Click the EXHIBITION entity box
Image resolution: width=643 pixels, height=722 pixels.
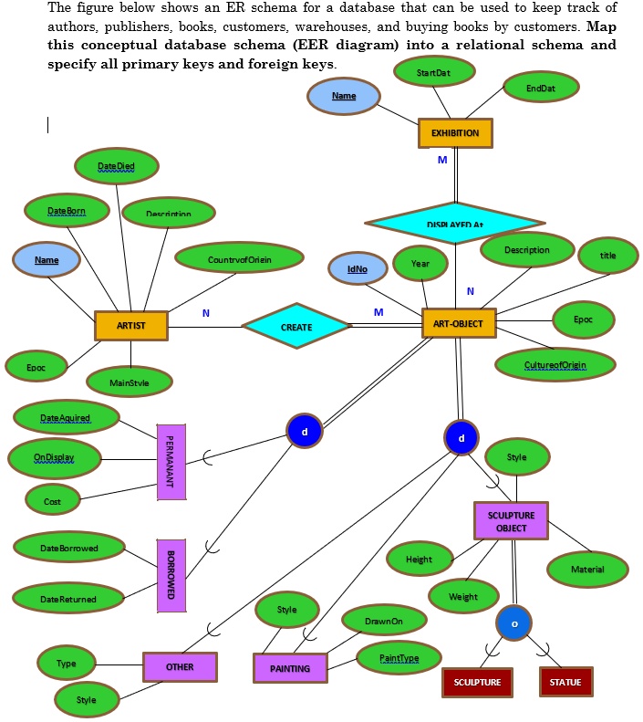click(x=454, y=133)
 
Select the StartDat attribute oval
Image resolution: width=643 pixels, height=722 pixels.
click(x=433, y=72)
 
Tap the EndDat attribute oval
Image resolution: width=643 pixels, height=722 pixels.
click(x=541, y=89)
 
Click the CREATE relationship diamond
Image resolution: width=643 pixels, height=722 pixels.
click(x=296, y=327)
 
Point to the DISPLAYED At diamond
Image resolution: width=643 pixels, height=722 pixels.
click(x=454, y=224)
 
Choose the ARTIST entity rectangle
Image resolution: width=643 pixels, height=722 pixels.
click(x=130, y=326)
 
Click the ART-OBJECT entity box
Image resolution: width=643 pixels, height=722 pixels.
click(x=459, y=323)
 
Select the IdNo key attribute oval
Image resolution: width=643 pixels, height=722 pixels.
click(x=357, y=268)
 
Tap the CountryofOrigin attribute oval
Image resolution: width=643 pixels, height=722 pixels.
click(x=239, y=259)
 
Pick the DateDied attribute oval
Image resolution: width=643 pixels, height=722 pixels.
click(x=118, y=166)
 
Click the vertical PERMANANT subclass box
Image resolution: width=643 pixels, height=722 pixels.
click(x=171, y=461)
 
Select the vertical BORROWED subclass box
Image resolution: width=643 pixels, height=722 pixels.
click(x=171, y=575)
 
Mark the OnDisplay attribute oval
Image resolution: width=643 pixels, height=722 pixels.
click(x=55, y=457)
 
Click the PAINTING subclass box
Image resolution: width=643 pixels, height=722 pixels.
click(x=290, y=668)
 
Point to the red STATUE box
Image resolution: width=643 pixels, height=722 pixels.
click(x=566, y=682)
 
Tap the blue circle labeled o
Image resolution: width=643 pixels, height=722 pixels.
click(x=514, y=623)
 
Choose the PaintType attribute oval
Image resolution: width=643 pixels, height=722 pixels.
click(x=399, y=658)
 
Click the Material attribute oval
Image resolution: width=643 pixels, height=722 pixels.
click(x=587, y=570)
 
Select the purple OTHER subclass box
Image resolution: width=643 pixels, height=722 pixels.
click(x=180, y=667)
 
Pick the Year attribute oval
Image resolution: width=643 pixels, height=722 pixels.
click(x=420, y=264)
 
